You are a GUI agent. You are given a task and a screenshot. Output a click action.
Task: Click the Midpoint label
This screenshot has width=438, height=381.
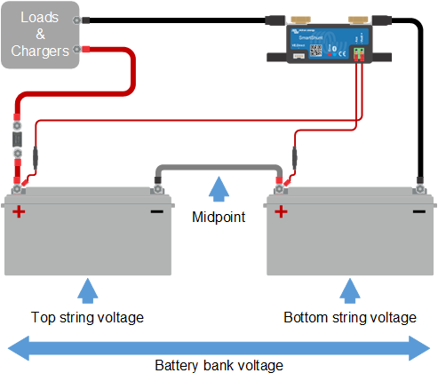click(217, 217)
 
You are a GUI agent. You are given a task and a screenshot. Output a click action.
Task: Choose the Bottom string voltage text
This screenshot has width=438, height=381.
click(350, 317)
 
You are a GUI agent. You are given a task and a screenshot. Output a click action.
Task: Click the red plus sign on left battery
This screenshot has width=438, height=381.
click(19, 211)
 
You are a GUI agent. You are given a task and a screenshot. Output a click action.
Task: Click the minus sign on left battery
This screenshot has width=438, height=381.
click(155, 211)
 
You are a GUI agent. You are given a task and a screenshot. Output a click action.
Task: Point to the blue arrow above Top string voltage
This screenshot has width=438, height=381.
click(85, 290)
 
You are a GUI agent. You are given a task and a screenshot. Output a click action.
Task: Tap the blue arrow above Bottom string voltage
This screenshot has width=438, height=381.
click(349, 290)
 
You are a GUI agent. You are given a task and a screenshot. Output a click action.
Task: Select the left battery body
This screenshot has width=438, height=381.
click(86, 240)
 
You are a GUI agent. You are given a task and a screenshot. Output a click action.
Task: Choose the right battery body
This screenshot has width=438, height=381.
click(349, 240)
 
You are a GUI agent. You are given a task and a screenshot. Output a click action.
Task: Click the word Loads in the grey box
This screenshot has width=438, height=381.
click(40, 17)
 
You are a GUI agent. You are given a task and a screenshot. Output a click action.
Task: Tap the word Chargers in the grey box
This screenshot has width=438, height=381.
click(40, 52)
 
